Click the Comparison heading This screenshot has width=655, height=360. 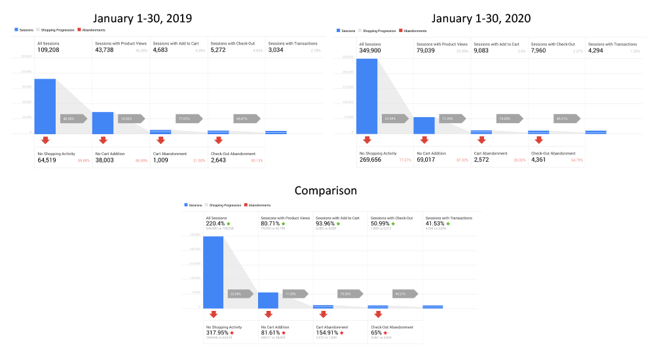(326, 190)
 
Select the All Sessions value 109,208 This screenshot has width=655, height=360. (52, 50)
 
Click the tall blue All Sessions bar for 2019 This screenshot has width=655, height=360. (45, 106)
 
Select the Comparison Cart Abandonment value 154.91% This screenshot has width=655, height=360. (329, 333)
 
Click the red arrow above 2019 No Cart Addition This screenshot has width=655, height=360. (103, 140)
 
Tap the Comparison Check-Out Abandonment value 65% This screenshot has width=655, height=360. (377, 333)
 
